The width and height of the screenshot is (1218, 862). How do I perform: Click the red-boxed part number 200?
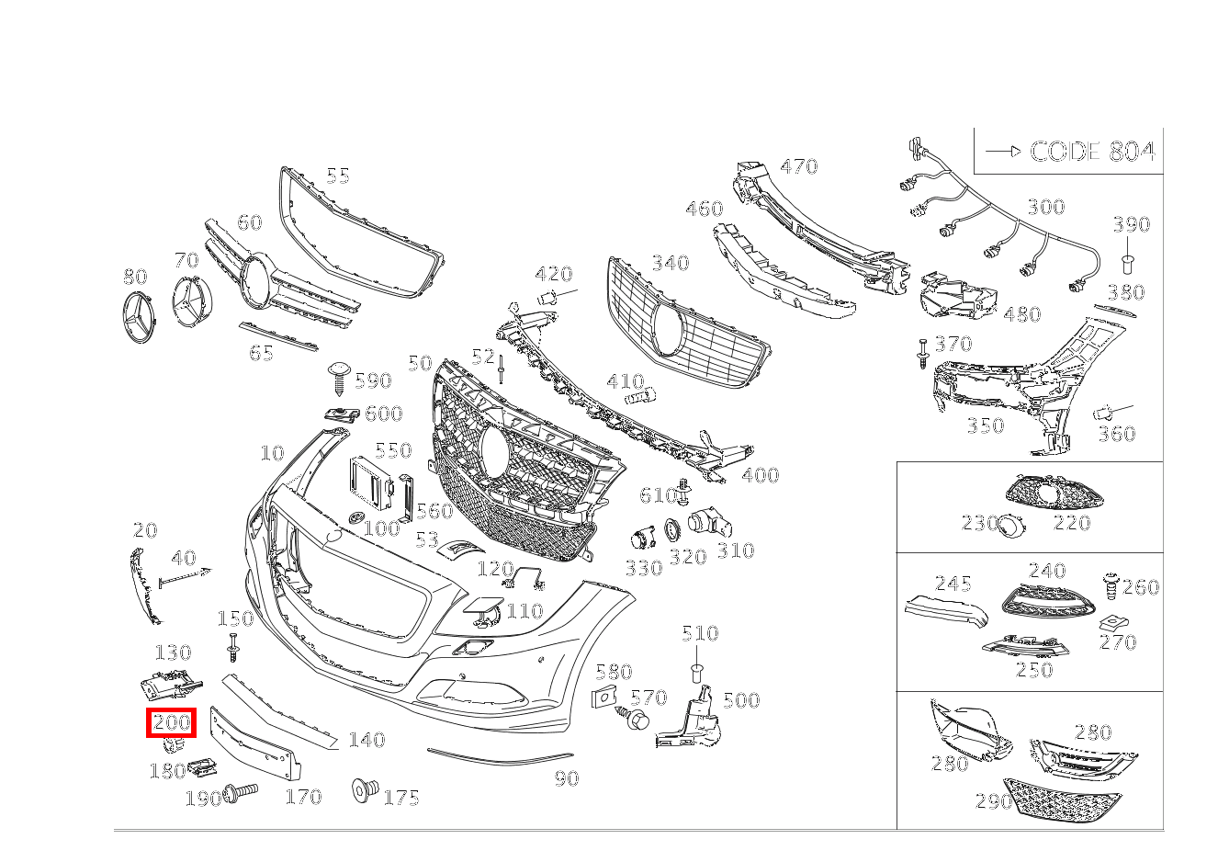click(172, 722)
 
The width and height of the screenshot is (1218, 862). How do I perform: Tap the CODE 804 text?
click(1091, 152)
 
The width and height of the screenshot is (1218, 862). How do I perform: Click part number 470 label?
click(798, 166)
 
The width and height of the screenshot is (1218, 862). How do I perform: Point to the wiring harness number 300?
click(1045, 207)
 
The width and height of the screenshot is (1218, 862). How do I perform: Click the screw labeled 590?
click(339, 377)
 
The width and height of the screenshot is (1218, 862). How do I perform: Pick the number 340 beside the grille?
click(670, 264)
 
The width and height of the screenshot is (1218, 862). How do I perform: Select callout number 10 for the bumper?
click(272, 453)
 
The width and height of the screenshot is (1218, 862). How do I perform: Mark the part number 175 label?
click(401, 798)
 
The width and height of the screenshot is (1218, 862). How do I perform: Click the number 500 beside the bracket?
click(740, 700)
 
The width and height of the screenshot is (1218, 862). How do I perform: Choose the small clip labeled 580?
click(604, 698)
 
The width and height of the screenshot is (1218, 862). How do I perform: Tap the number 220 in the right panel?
click(1071, 523)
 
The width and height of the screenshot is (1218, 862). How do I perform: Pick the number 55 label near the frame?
click(338, 175)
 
